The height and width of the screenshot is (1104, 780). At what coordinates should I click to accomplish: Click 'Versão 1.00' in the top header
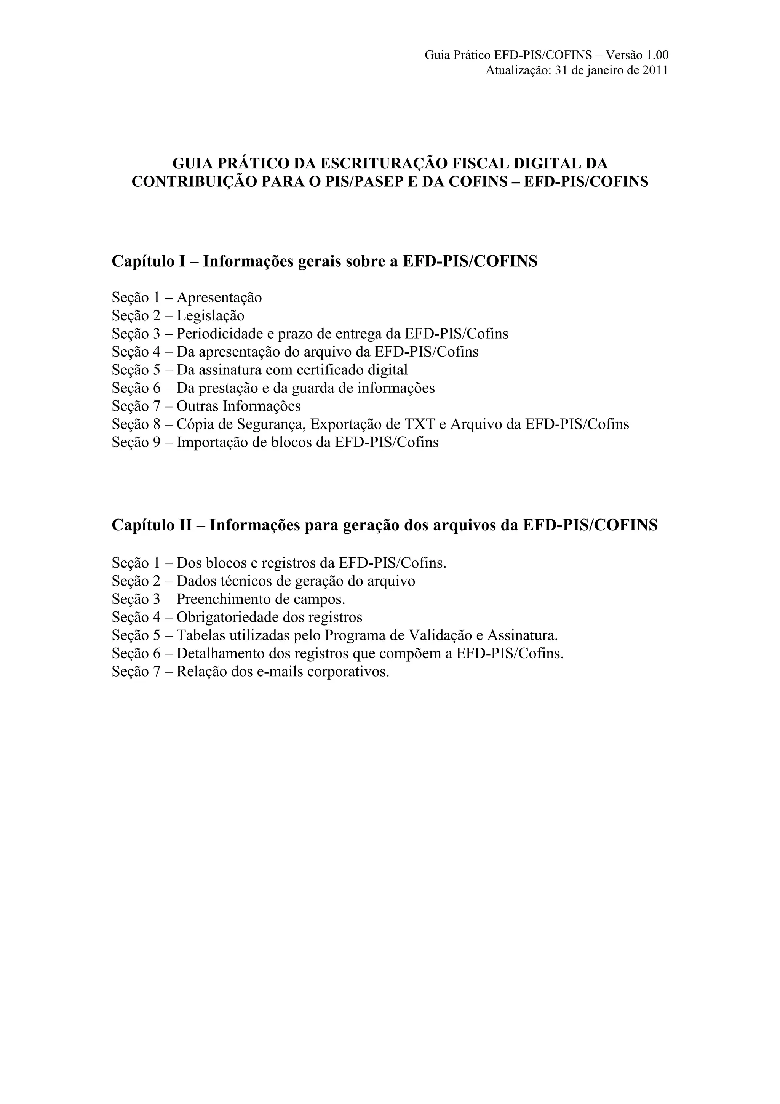[x=637, y=55]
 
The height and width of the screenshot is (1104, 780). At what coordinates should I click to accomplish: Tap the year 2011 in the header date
[x=655, y=71]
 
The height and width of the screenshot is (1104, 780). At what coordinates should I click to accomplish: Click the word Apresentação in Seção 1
[x=219, y=298]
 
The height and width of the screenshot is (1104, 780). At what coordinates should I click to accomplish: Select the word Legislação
[x=211, y=316]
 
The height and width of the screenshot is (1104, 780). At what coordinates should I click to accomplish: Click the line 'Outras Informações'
[x=238, y=406]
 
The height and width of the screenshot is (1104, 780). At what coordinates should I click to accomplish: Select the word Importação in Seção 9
[x=212, y=442]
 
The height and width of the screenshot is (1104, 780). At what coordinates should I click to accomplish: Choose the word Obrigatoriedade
[x=228, y=618]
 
